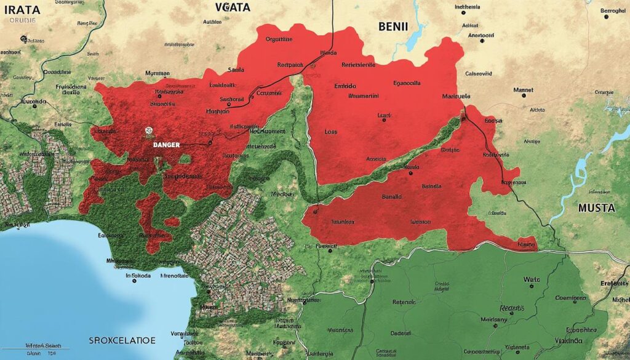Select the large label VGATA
[233, 7]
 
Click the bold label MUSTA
[596, 208]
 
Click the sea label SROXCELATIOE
[122, 340]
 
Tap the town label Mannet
[523, 90]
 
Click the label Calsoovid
[478, 73]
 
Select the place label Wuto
[531, 279]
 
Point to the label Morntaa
[157, 73]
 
